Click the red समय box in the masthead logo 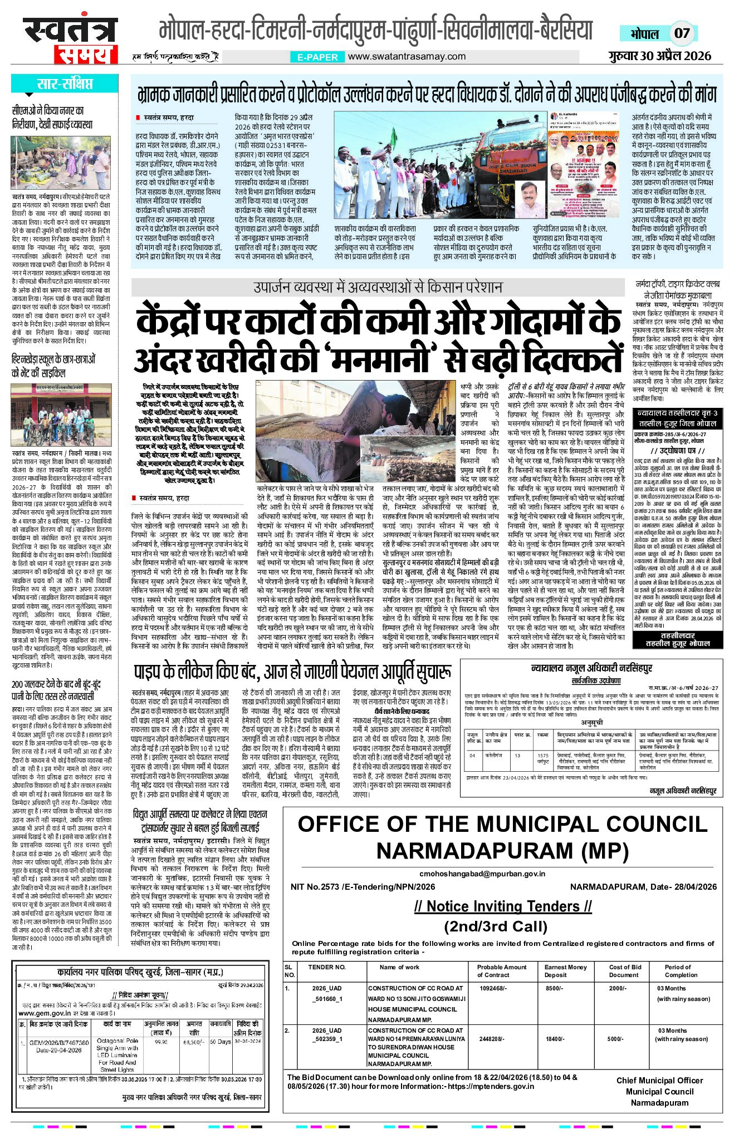(x=86, y=55)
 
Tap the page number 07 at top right (x=682, y=33)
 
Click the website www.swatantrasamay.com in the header (x=407, y=56)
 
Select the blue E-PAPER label (x=317, y=57)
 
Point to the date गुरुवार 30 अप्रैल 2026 (x=660, y=56)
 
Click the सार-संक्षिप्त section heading (x=65, y=84)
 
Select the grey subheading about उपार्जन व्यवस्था (x=378, y=287)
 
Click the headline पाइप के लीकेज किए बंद (x=292, y=672)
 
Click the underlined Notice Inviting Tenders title (x=502, y=906)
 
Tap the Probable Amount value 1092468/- (x=493, y=988)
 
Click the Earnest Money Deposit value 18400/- (x=555, y=1039)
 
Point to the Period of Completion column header (x=681, y=971)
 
